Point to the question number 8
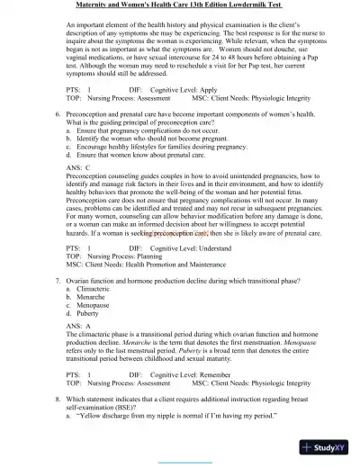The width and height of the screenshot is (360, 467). coord(58,397)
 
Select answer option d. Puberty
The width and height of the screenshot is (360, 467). coord(90,315)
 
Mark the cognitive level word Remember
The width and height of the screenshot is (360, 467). coord(211,372)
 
